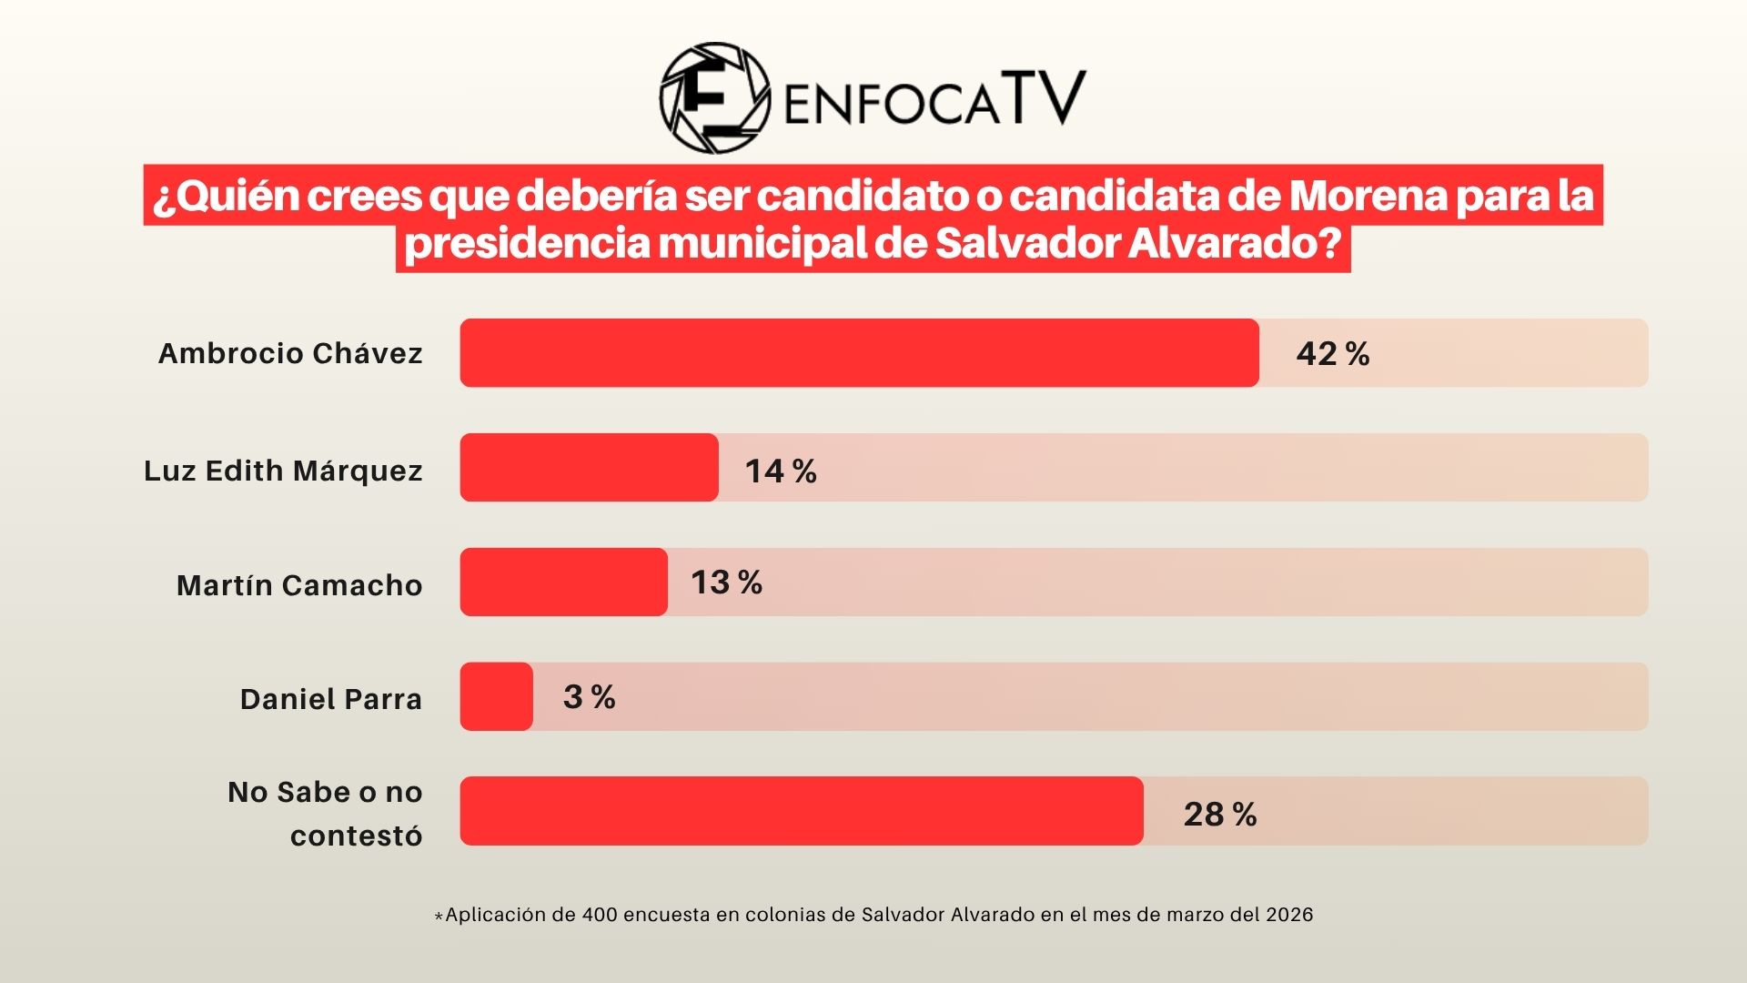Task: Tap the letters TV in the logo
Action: (1045, 97)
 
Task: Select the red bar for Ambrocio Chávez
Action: (859, 353)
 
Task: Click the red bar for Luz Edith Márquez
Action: (589, 468)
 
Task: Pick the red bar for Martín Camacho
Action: (563, 583)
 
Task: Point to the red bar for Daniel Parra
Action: (496, 696)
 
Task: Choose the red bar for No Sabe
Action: (801, 811)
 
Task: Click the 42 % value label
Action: (1332, 354)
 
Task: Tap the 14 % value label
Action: (780, 471)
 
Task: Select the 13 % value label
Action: (726, 583)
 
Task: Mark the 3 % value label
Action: (589, 697)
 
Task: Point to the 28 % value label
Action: (1219, 814)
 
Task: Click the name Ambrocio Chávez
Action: (290, 353)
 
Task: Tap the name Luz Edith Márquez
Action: (283, 471)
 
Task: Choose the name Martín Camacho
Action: (299, 585)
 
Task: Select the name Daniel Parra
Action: (331, 699)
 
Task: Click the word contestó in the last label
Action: (356, 836)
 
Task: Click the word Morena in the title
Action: (1367, 196)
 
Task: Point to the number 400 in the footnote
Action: (600, 915)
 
